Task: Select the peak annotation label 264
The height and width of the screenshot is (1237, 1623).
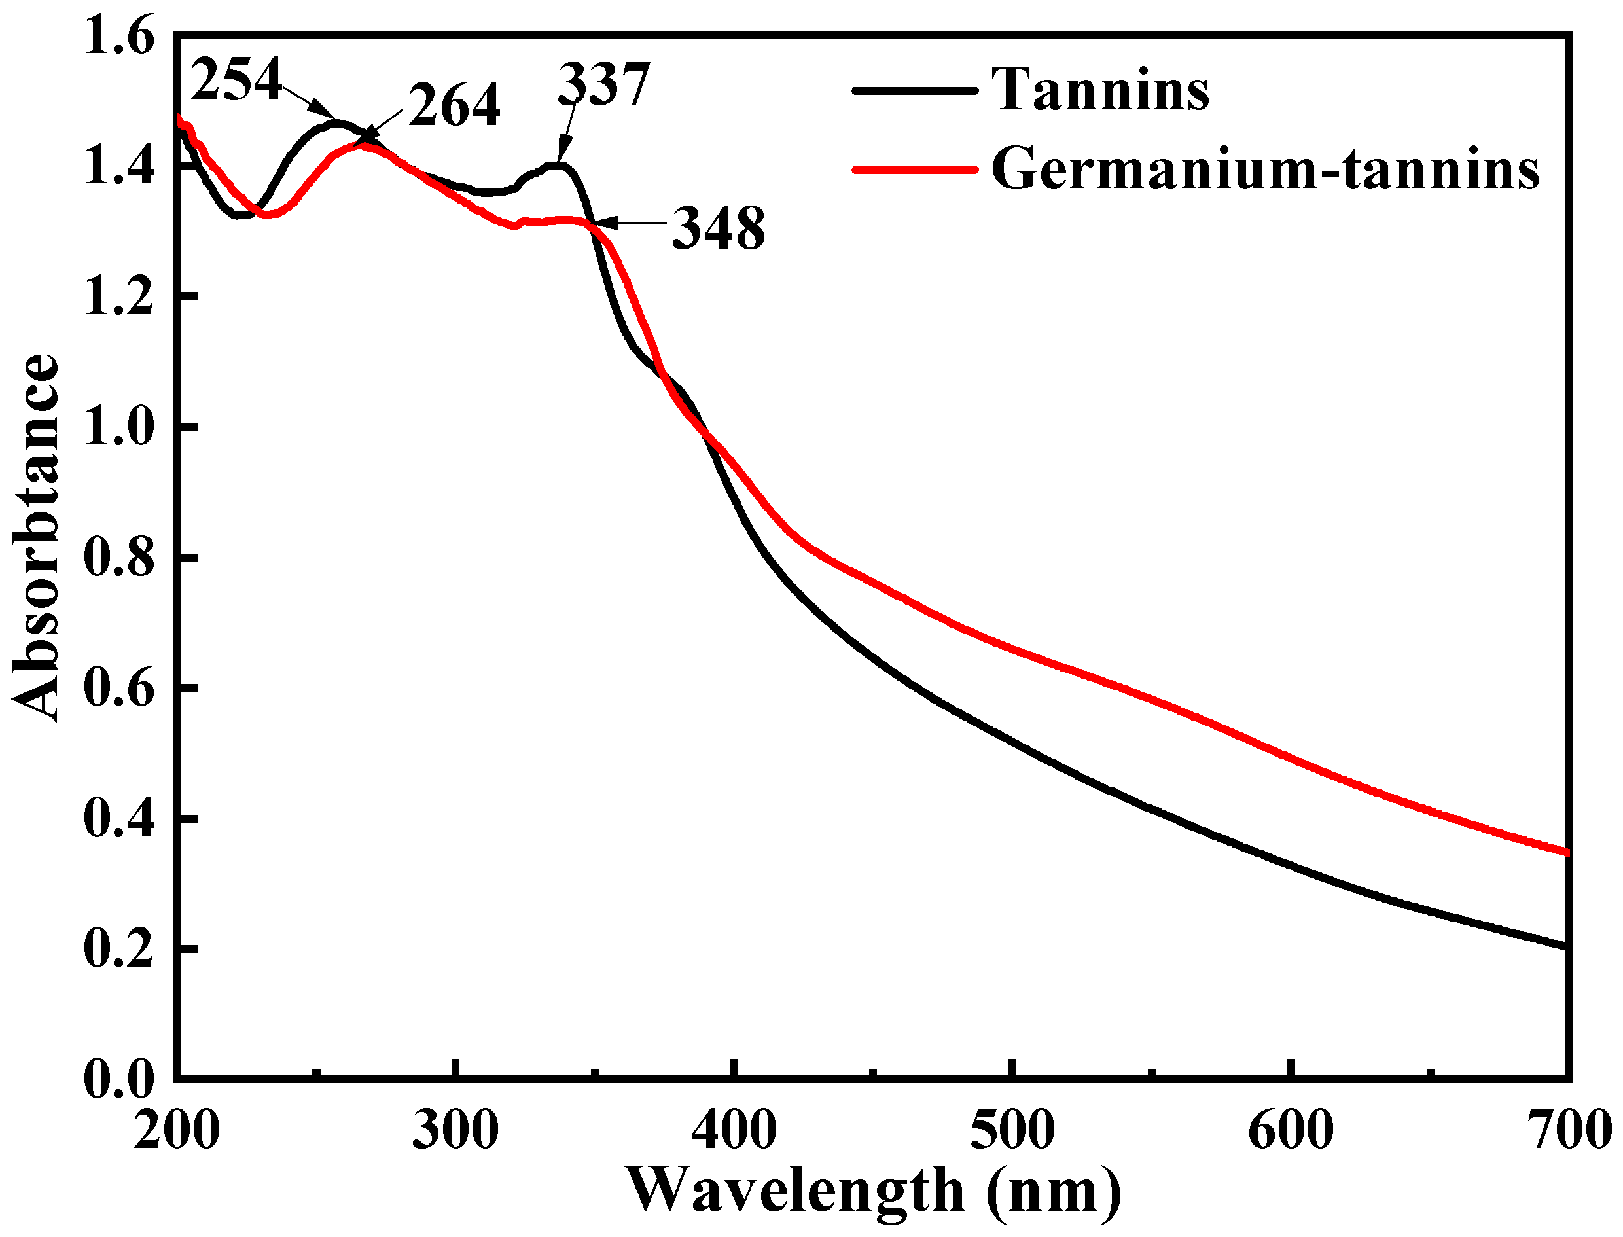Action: click(454, 105)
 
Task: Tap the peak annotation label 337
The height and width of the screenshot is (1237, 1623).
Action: click(604, 85)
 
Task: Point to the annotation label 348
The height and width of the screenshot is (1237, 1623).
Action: click(719, 229)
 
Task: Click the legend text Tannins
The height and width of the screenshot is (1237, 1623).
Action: click(1100, 90)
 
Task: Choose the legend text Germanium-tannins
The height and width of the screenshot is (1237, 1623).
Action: click(1265, 170)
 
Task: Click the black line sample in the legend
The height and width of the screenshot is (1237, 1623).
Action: click(915, 90)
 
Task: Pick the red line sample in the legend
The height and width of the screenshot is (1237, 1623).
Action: click(915, 170)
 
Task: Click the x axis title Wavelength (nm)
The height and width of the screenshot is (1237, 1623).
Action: click(874, 1191)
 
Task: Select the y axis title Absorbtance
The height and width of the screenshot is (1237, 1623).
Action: click(35, 539)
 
